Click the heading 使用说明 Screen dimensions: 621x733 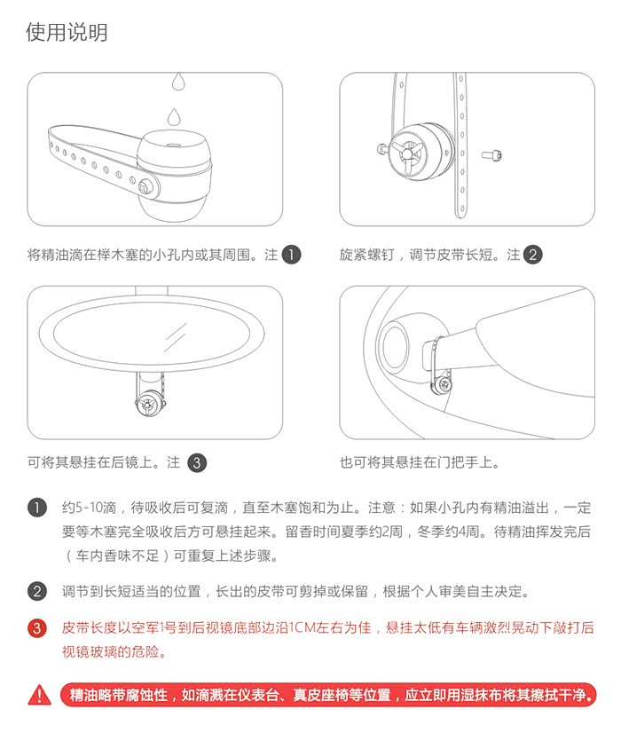pos(67,32)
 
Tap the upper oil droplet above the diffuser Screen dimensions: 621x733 pos(178,81)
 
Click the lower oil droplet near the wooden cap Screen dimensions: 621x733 pos(174,116)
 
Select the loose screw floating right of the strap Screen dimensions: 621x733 pos(491,154)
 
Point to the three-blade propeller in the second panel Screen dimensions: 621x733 pos(407,153)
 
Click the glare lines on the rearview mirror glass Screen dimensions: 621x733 pos(174,337)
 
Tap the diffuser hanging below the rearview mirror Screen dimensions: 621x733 pos(150,403)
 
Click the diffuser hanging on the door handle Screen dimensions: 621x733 pos(442,383)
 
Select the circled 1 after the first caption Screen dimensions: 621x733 pos(292,255)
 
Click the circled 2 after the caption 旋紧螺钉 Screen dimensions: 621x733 pos(532,255)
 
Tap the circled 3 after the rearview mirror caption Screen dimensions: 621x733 pos(197,463)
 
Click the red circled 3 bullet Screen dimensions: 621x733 pos(37,627)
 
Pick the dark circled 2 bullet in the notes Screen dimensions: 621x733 pos(37,591)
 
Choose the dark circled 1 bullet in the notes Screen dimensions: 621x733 pos(37,508)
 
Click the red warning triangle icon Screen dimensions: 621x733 pos(40,695)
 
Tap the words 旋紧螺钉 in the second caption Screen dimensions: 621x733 pos(367,255)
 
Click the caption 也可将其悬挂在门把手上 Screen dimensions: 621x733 pos(420,463)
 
